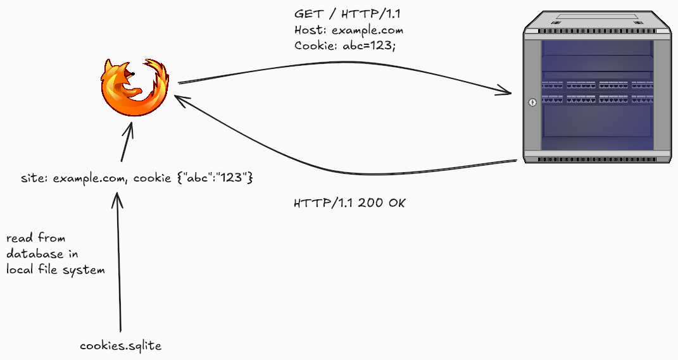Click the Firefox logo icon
coord(134,87)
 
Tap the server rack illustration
coord(598,87)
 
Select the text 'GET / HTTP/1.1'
coord(347,14)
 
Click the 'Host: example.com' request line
coord(349,30)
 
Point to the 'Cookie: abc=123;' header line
coord(344,46)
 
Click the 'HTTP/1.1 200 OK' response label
coord(349,203)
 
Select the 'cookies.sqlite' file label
coord(121,345)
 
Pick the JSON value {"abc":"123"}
coord(215,178)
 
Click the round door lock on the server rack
coord(532,102)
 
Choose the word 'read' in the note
coord(20,238)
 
